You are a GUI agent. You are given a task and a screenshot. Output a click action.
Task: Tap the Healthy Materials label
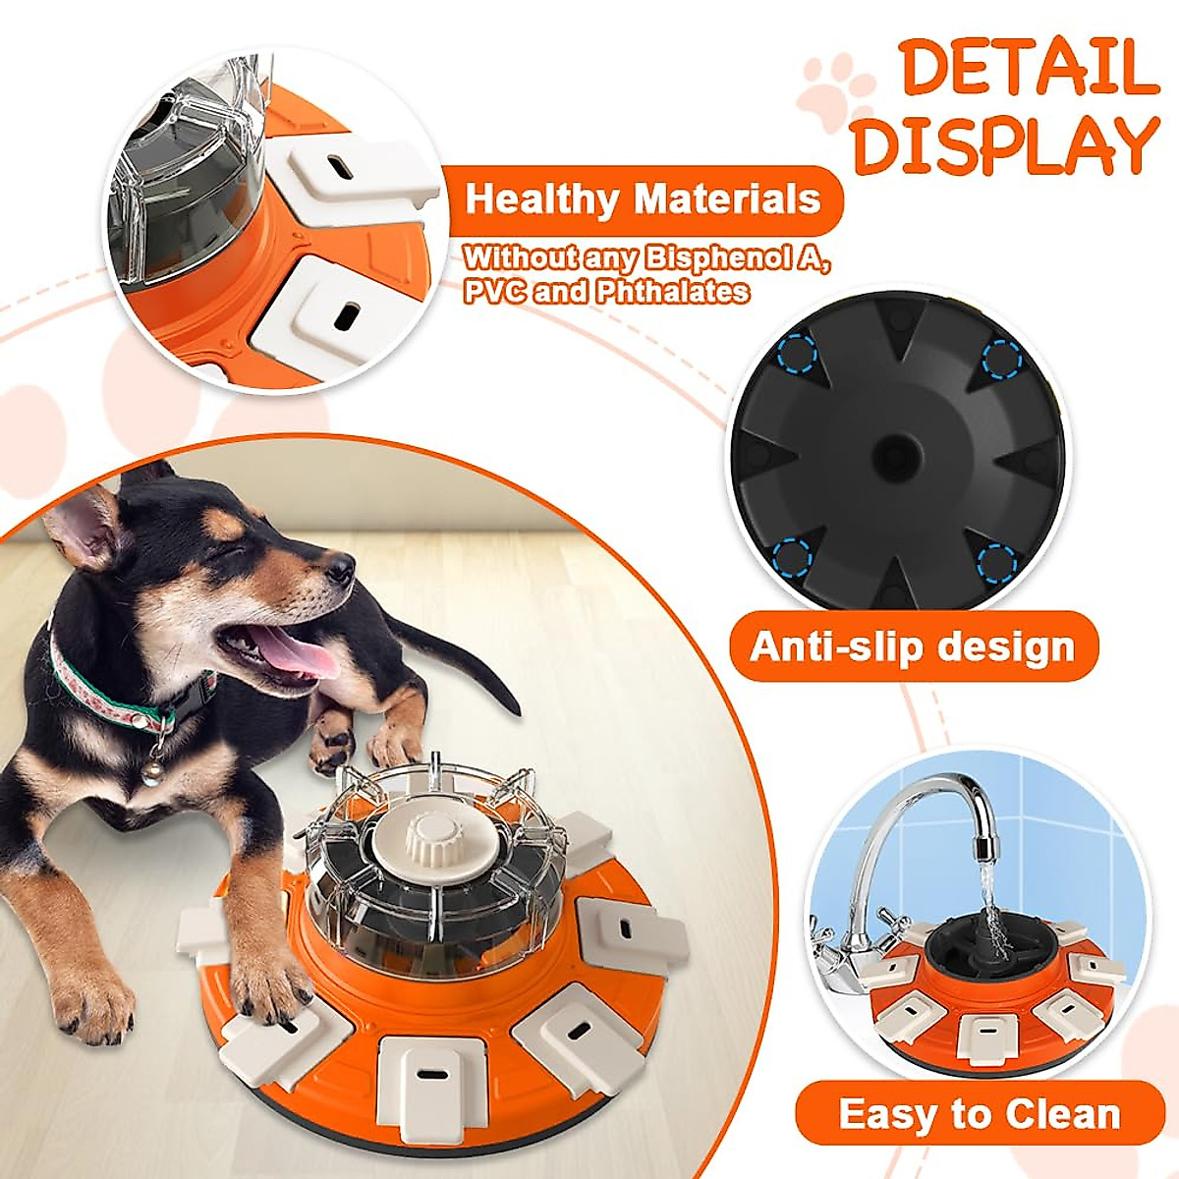pos(643,199)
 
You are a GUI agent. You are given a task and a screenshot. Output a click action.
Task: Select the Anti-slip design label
pos(913,646)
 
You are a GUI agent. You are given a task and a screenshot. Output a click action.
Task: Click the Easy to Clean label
pos(980,1114)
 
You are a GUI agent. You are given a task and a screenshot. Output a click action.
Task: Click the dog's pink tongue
pos(292,653)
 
